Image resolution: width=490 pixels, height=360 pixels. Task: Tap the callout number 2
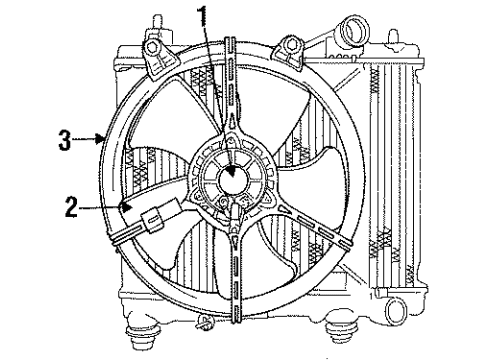click(x=71, y=210)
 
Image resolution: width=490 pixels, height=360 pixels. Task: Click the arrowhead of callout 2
click(x=130, y=208)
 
